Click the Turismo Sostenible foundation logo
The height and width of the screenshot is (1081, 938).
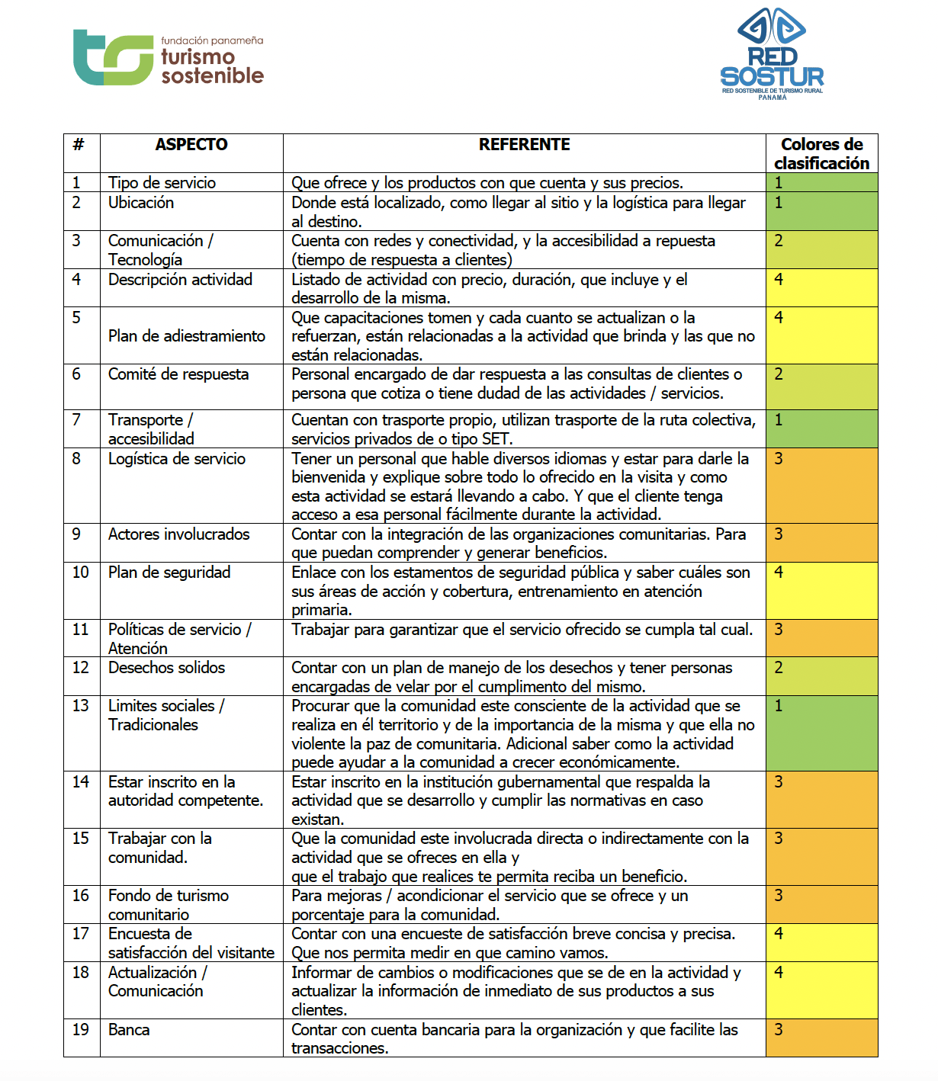click(168, 58)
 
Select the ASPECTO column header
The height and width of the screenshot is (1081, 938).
click(191, 145)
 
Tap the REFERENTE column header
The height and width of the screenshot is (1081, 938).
click(524, 145)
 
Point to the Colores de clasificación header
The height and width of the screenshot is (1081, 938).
click(821, 153)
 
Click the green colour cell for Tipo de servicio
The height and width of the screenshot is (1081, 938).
click(821, 182)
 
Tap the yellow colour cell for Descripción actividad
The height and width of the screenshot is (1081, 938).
click(821, 288)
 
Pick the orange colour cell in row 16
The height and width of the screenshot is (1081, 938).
click(821, 904)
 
